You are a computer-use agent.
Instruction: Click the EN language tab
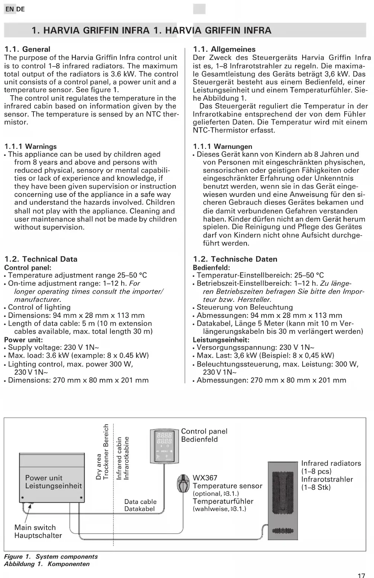click(9, 9)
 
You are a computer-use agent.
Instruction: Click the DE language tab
click(21, 9)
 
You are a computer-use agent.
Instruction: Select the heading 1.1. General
click(27, 49)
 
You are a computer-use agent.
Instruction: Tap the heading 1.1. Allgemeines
click(224, 49)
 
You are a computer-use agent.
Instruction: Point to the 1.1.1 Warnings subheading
click(30, 146)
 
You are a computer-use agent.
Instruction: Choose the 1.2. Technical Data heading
click(41, 259)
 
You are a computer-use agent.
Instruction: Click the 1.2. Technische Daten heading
click(235, 259)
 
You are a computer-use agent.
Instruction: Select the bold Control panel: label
click(28, 268)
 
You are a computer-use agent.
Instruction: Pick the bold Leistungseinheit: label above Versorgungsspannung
click(221, 340)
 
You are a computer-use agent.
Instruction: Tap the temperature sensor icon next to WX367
click(183, 484)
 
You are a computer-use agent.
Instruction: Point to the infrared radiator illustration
click(284, 501)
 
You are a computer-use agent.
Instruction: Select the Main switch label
click(35, 527)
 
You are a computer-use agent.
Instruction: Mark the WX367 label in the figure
click(205, 478)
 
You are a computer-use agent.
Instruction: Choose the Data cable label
click(140, 502)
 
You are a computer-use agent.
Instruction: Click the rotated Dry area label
click(99, 466)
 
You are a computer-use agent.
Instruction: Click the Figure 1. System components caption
click(51, 557)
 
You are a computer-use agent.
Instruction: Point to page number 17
click(361, 575)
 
